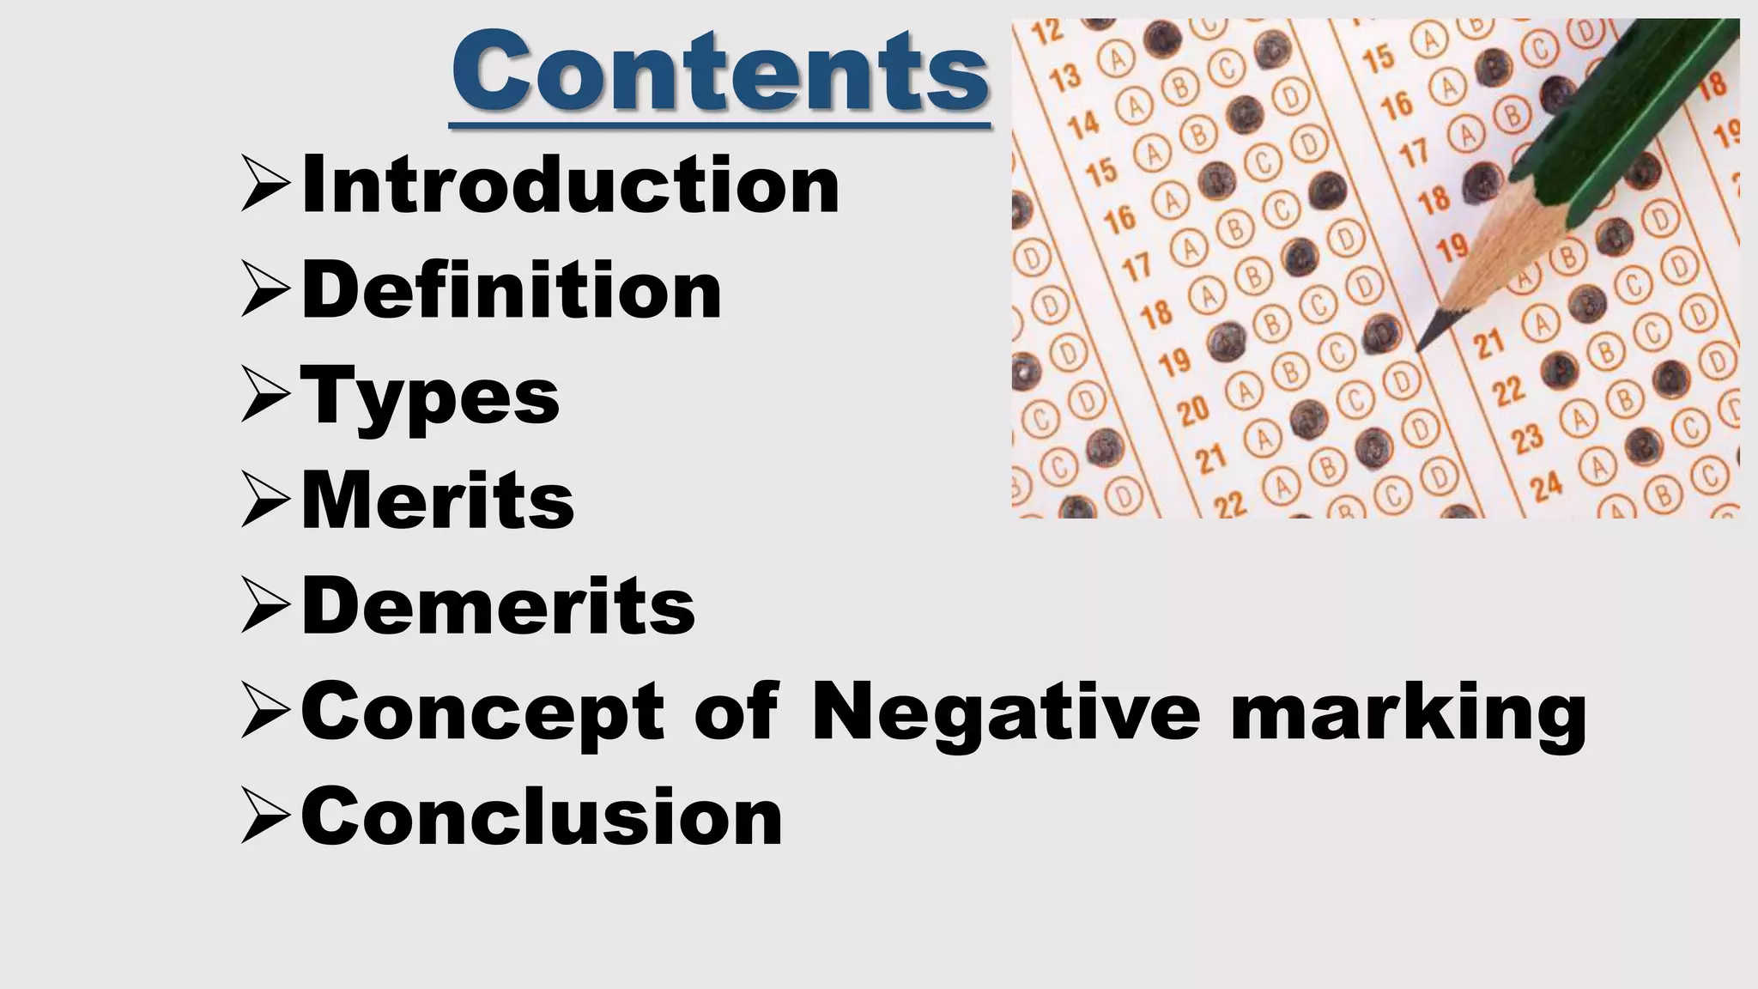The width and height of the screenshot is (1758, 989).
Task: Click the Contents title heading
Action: coord(719,72)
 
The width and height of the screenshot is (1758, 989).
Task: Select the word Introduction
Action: coord(570,185)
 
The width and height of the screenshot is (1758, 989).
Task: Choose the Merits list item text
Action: coord(438,501)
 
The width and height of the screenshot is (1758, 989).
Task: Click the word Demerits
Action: coord(498,606)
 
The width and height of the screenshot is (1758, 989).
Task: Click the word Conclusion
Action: coord(542,816)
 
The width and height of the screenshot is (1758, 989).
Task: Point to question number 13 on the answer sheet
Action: coord(1065,77)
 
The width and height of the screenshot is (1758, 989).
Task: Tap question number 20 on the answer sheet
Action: coord(1192,412)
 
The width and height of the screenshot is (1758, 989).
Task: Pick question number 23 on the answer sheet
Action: coord(1527,439)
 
